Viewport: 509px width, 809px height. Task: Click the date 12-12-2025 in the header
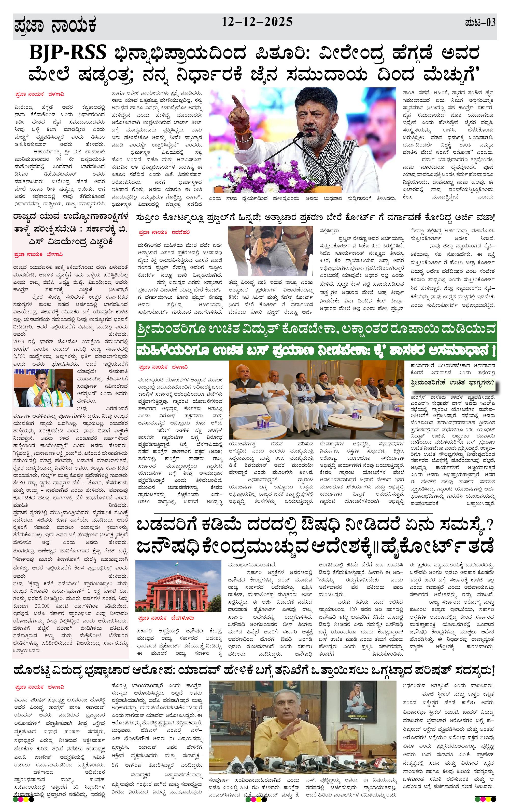point(257,22)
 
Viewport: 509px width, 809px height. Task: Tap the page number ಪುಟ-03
point(480,23)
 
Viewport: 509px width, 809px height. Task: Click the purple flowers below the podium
point(268,175)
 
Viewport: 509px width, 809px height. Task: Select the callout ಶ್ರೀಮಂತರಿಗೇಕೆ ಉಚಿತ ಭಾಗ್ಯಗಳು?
point(452,383)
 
